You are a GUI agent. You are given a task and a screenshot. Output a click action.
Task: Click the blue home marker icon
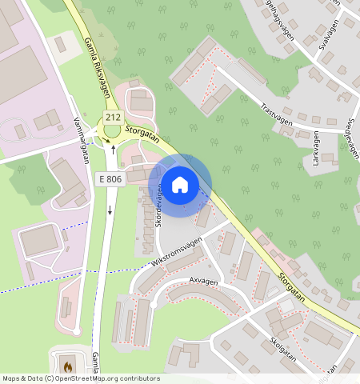click(x=180, y=185)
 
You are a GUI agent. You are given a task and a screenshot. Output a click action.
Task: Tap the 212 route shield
click(x=113, y=118)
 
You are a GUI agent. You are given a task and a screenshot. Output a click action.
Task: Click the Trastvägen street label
click(x=276, y=111)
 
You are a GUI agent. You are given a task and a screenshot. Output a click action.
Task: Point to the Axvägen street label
click(x=204, y=281)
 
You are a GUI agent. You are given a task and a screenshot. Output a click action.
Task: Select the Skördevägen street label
click(x=158, y=205)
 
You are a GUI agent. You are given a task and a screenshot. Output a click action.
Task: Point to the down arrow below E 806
click(x=110, y=210)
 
